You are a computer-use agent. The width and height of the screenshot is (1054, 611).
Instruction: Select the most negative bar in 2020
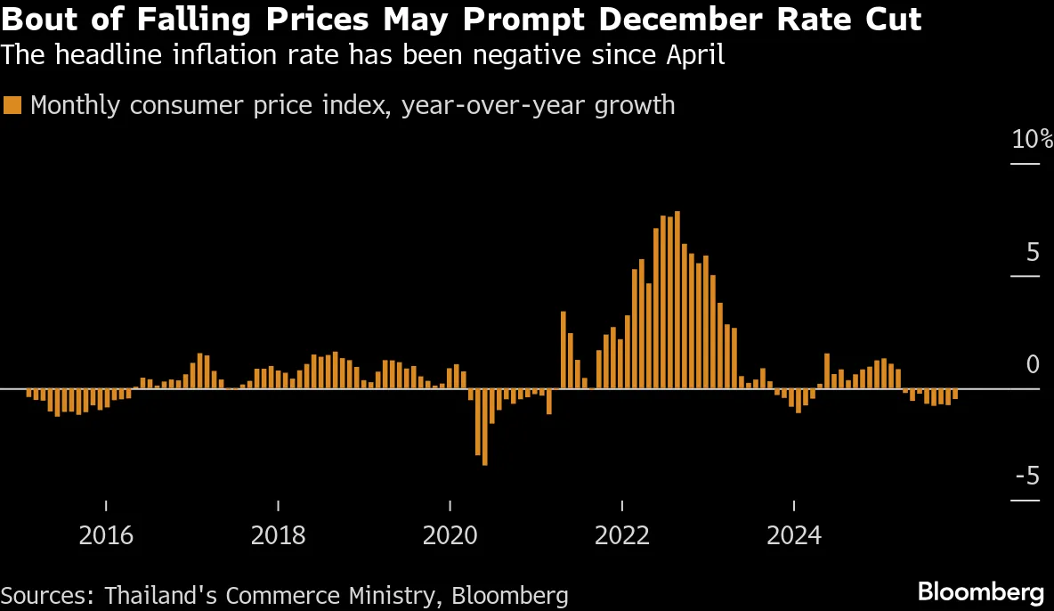pyautogui.click(x=485, y=427)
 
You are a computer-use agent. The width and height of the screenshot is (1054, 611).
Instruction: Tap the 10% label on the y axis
pyautogui.click(x=1032, y=140)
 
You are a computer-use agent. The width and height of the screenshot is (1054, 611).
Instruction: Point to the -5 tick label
pyautogui.click(x=1026, y=477)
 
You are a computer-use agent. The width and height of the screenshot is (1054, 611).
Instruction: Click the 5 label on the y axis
pyautogui.click(x=1033, y=252)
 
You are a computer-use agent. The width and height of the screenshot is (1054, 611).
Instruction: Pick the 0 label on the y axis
pyautogui.click(x=1033, y=364)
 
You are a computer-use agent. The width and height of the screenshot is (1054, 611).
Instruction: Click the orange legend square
pyautogui.click(x=12, y=105)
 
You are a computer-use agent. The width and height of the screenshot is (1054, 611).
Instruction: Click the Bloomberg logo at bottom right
pyautogui.click(x=980, y=591)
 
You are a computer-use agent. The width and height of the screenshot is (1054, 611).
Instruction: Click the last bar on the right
pyautogui.click(x=955, y=394)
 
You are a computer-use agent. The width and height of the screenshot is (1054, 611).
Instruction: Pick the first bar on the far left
pyautogui.click(x=28, y=393)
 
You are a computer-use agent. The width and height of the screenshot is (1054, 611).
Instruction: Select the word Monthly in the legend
pyautogui.click(x=76, y=105)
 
